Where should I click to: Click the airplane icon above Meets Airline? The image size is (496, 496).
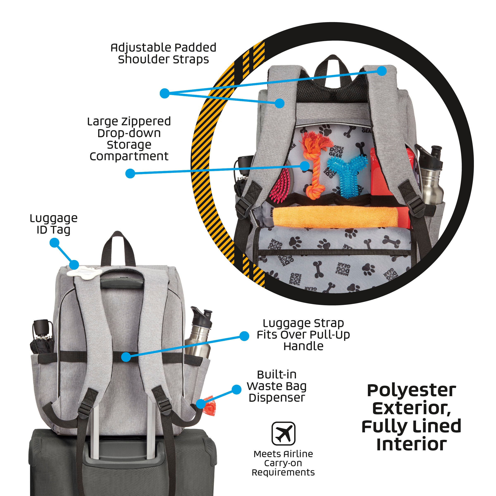(283, 434)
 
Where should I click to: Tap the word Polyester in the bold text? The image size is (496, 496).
(411, 391)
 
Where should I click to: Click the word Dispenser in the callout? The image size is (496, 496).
(277, 398)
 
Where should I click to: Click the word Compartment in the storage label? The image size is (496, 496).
(129, 156)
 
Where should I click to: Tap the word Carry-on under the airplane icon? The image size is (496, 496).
(283, 463)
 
